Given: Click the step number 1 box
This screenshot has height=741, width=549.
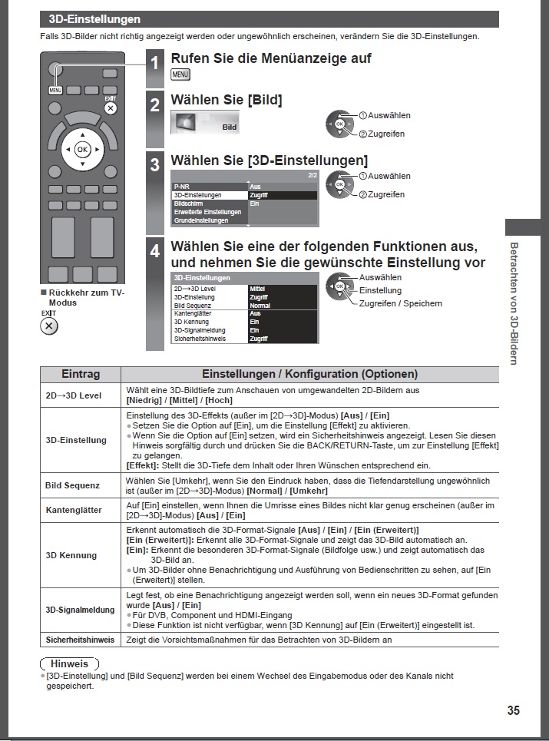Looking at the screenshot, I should coord(155,64).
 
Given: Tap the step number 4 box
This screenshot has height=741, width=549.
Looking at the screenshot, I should coord(155,250).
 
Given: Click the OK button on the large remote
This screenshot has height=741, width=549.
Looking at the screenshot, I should coord(82,149).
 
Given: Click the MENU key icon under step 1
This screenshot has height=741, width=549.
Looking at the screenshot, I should coord(180,74).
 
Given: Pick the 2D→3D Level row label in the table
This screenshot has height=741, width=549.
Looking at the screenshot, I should coord(74,395).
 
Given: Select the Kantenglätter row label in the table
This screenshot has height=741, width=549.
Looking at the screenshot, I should coord(74,510).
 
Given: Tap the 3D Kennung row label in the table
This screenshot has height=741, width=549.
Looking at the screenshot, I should coord(72,555).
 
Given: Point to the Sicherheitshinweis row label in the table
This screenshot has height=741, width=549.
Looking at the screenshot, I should coord(80,639).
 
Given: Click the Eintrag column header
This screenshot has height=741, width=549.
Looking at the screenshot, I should coord(81,374).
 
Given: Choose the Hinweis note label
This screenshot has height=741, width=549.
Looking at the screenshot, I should coord(69,663).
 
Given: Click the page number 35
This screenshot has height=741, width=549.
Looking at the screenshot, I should coord(514,710).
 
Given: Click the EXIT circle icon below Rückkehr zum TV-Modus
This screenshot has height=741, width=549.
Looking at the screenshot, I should coord(49,326).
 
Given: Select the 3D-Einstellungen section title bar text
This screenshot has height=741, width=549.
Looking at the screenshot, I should coord(94,19).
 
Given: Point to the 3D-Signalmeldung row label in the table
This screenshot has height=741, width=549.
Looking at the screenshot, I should coord(80,610).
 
